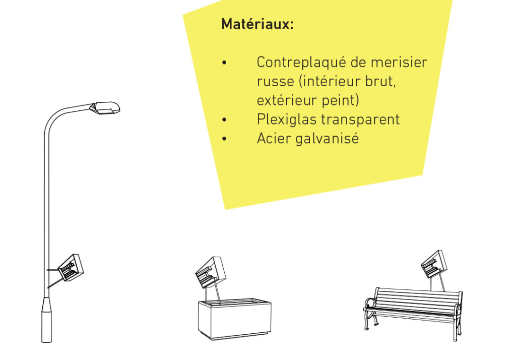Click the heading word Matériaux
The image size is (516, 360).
[x=257, y=24]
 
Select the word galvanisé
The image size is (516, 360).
[x=327, y=139]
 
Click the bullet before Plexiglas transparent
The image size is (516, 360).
[x=224, y=120]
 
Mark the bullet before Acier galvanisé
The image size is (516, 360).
[x=224, y=139]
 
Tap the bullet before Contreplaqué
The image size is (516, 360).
[x=224, y=63]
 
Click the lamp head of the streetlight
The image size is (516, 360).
[x=105, y=108]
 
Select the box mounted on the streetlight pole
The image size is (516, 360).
[x=71, y=267]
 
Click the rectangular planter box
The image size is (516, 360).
[x=235, y=319]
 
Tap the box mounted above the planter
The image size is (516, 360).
[x=211, y=272]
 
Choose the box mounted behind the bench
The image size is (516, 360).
[x=434, y=264]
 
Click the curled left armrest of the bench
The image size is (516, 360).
[x=370, y=303]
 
